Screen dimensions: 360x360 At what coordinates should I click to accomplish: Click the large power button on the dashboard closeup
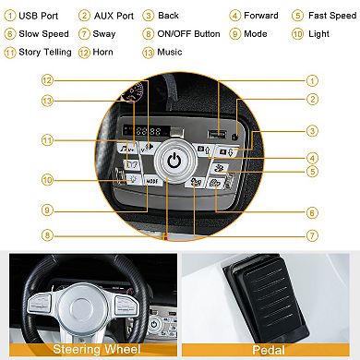tap(174, 161)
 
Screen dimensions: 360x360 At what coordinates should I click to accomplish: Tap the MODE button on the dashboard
tap(153, 181)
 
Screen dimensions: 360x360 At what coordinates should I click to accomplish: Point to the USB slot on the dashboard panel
tap(217, 135)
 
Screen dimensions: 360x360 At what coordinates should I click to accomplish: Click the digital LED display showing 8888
tap(147, 131)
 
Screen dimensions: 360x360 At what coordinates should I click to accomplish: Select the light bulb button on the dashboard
tap(133, 178)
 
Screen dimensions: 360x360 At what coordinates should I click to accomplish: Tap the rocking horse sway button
tap(196, 183)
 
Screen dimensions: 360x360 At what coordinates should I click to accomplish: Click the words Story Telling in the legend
tap(45, 53)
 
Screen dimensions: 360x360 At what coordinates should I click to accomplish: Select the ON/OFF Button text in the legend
tap(188, 34)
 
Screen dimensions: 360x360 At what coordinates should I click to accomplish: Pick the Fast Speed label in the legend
tap(332, 16)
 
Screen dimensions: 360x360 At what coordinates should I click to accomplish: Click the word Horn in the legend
tap(102, 52)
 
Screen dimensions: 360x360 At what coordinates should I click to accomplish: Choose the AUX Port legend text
tap(114, 16)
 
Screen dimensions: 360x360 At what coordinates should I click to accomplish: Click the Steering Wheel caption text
tap(97, 349)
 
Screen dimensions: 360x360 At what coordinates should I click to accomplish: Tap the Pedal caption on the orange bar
tap(269, 350)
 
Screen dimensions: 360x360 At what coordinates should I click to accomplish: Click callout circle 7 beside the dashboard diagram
tap(312, 235)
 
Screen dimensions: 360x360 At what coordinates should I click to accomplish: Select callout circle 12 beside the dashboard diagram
tap(47, 80)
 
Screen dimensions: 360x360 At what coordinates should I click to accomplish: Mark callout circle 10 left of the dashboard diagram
tap(47, 180)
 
